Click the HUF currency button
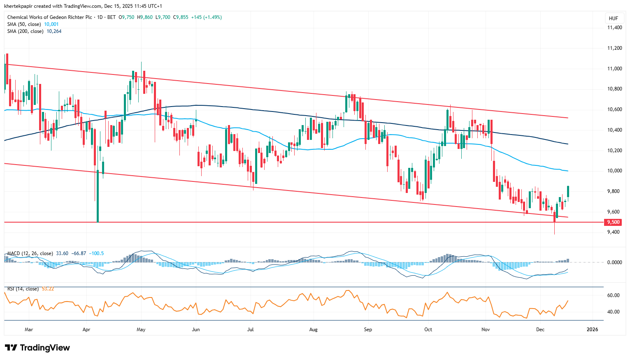point(613,19)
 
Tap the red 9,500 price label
point(613,222)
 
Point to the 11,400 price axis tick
point(614,28)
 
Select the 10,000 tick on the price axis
point(614,171)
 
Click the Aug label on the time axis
point(314,330)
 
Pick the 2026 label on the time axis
point(592,330)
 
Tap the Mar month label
point(29,330)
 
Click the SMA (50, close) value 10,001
point(51,24)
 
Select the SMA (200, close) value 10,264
point(54,31)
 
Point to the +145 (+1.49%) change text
point(207,17)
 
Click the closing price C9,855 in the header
point(181,17)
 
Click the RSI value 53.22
point(48,289)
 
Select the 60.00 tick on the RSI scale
point(614,295)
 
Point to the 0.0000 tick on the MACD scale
point(614,262)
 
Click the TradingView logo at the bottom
point(37,348)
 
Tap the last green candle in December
point(568,192)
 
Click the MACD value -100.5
point(96,253)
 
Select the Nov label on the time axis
point(486,330)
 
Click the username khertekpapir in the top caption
point(18,6)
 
